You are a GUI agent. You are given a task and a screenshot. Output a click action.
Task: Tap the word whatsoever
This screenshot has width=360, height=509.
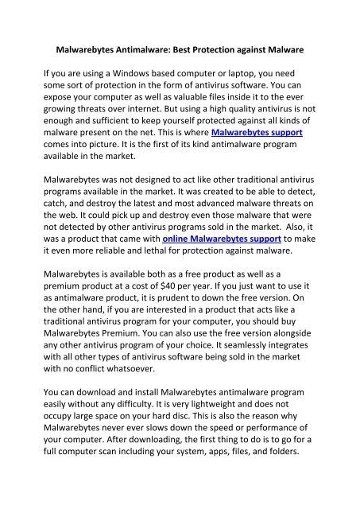[144, 387]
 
